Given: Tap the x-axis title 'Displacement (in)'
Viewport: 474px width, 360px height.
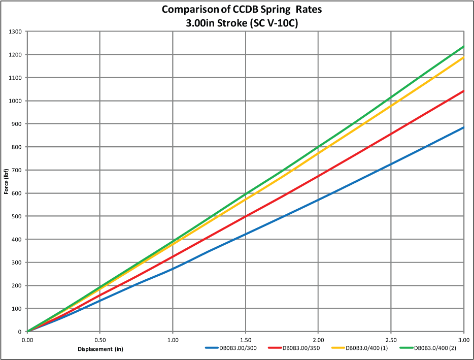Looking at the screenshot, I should (100, 349).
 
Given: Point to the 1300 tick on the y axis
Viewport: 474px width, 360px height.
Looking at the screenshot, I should (16, 31).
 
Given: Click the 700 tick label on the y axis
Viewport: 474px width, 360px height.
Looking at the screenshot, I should (17, 170).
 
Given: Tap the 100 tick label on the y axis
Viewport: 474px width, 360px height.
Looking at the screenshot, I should (17, 309).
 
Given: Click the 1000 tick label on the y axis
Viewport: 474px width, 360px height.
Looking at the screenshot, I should (16, 101).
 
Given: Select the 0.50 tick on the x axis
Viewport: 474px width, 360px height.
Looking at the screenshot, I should (100, 339).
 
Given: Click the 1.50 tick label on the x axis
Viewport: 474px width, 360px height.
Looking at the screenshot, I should (246, 339).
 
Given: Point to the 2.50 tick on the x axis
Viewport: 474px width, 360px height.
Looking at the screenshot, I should (391, 339).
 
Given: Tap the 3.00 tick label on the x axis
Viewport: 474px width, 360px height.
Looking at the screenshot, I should (464, 339).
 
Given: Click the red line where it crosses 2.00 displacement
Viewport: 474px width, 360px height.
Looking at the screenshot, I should (318, 176).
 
